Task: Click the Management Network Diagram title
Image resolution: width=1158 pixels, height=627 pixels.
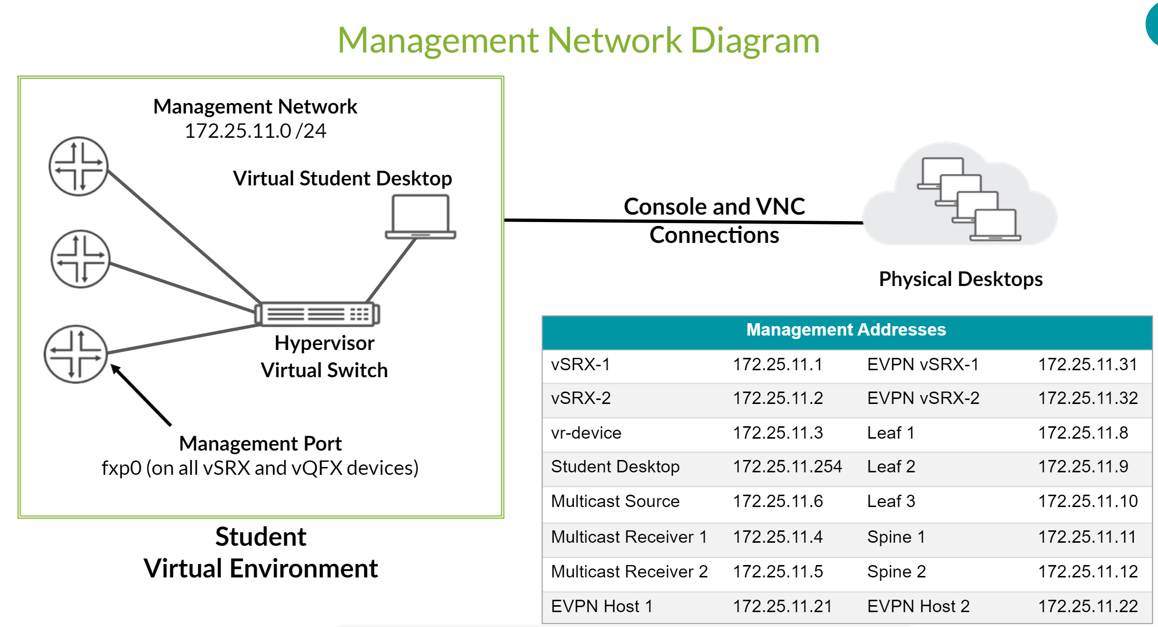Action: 579,41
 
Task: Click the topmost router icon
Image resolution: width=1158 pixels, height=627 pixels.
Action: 78,167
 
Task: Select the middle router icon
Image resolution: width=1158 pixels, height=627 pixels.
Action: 81,259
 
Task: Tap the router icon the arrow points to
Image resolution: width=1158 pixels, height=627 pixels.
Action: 76,354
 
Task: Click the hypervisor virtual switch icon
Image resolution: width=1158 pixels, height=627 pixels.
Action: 317,314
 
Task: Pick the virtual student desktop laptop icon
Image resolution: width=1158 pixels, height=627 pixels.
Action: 421,217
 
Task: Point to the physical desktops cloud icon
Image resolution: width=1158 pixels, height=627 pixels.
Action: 960,194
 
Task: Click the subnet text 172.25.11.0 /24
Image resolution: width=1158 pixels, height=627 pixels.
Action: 255,131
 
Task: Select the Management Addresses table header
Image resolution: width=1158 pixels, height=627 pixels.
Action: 846,330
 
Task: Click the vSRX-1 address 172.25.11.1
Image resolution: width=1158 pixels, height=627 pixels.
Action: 777,364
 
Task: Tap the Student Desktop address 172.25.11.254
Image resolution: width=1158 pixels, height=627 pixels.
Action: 787,466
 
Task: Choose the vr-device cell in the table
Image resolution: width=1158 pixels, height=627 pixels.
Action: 586,433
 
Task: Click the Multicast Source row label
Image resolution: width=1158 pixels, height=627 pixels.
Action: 615,501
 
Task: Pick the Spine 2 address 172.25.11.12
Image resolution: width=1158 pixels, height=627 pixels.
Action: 1088,571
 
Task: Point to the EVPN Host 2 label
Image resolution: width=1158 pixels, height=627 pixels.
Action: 918,606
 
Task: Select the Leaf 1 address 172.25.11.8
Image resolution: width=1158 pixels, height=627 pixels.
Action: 1083,433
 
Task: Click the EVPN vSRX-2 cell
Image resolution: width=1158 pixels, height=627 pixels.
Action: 923,398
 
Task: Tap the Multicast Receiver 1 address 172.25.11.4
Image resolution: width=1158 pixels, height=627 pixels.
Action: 777,537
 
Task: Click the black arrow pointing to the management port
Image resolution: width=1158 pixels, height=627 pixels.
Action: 141,395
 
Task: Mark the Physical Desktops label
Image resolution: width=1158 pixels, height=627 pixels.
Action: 961,279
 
